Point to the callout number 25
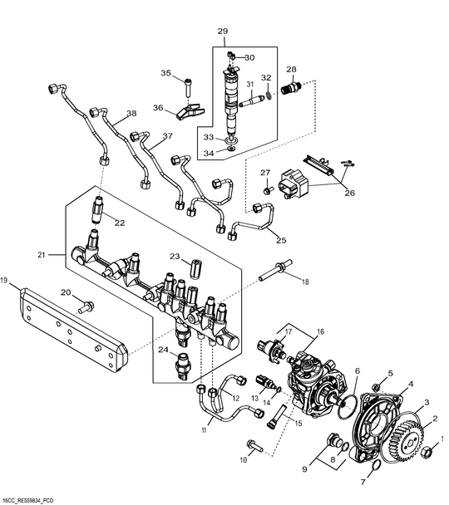click(x=281, y=240)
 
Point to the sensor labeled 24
click(x=181, y=363)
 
